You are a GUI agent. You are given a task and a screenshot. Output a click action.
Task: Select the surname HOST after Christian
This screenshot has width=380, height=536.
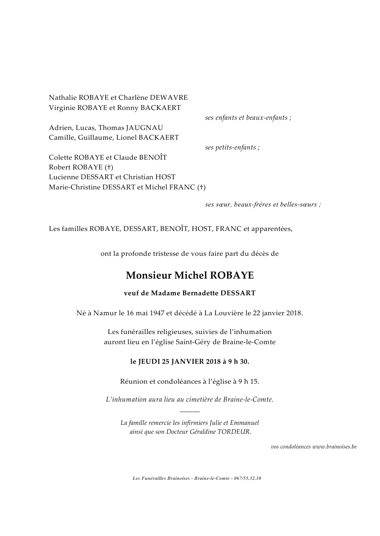pos(166,177)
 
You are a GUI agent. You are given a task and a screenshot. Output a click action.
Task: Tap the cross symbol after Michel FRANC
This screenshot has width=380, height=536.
pos(201,187)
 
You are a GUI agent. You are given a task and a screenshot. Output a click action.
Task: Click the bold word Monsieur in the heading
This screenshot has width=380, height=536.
pos(148,276)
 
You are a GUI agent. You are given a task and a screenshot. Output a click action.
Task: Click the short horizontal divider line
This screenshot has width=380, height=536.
pos(190,412)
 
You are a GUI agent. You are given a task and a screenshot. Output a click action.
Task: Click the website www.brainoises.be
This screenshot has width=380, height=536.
pos(334,447)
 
